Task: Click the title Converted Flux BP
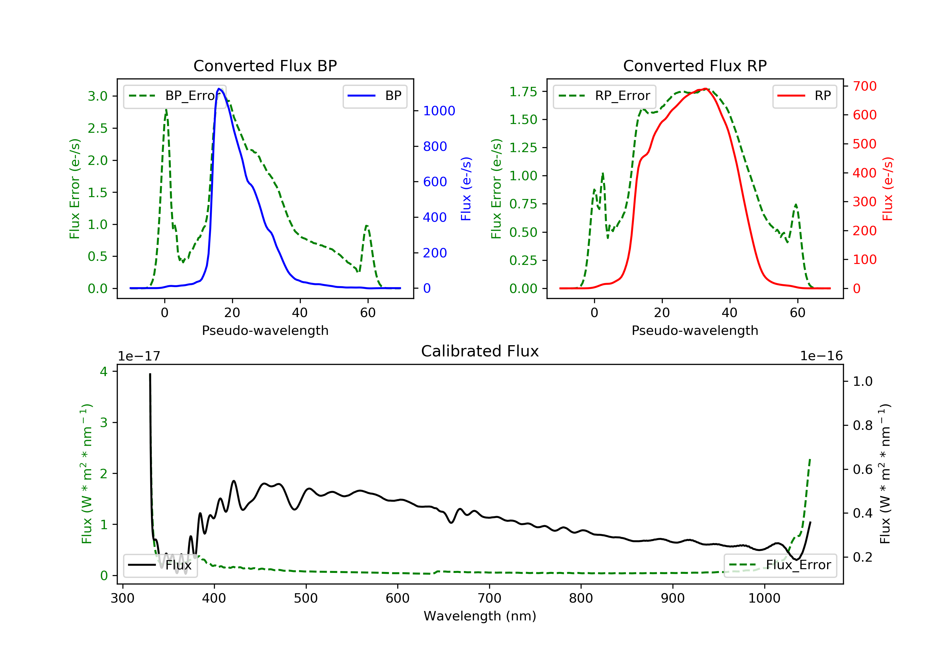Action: click(265, 66)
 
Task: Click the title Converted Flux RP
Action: click(695, 66)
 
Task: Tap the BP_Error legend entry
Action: click(175, 96)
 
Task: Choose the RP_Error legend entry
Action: click(604, 96)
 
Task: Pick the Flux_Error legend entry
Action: click(780, 565)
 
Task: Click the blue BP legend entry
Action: click(374, 96)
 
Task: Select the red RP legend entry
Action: click(804, 96)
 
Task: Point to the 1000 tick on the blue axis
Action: click(439, 111)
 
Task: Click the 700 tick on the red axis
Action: click(864, 86)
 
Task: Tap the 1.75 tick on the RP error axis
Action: click(523, 92)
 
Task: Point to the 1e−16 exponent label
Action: click(821, 356)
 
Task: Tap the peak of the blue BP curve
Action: click(219, 89)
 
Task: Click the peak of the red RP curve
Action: click(705, 89)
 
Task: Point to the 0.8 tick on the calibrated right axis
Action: click(862, 425)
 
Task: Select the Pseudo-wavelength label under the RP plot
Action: click(695, 330)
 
